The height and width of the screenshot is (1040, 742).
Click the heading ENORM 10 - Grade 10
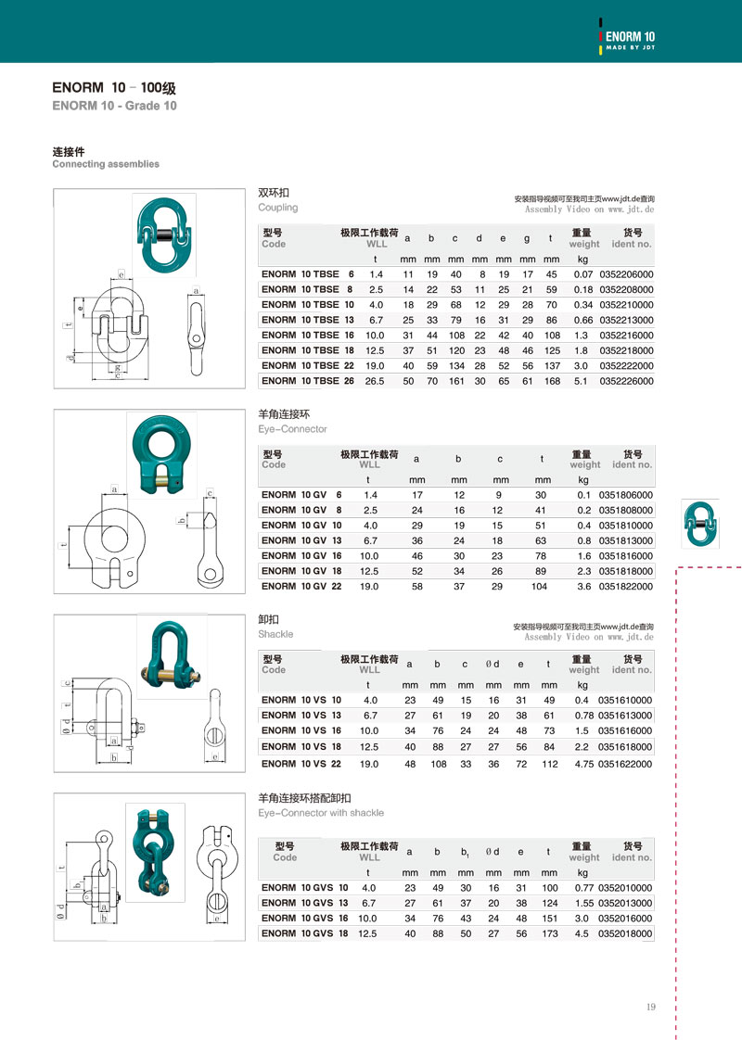click(115, 106)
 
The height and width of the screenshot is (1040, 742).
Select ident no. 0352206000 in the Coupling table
click(627, 274)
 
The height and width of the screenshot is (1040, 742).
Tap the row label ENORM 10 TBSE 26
click(308, 381)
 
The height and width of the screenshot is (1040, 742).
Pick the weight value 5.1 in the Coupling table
click(582, 381)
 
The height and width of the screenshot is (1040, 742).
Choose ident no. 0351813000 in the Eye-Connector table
click(626, 540)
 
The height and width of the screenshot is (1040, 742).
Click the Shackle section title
click(275, 634)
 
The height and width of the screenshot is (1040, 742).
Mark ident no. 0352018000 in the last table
click(626, 934)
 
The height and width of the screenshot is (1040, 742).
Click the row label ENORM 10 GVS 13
click(305, 903)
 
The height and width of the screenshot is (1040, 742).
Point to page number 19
click(651, 1008)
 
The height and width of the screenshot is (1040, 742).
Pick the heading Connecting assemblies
click(106, 164)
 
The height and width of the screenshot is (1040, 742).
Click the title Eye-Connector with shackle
click(321, 813)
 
